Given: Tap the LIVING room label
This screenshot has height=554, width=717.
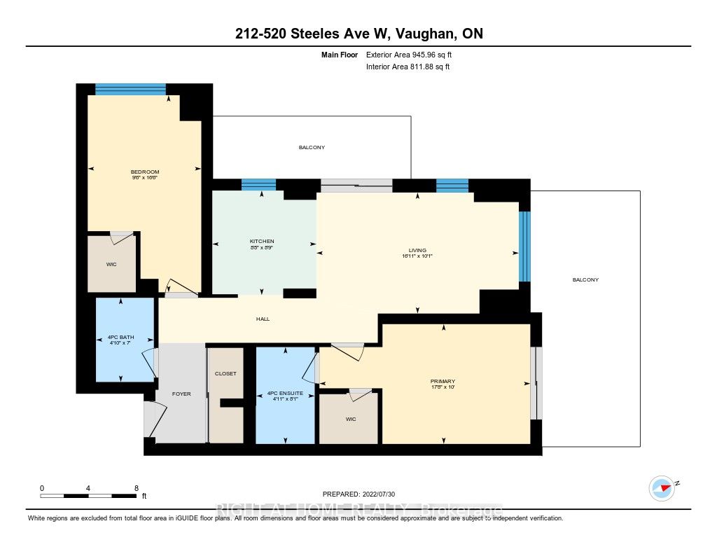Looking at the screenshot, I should (x=417, y=250).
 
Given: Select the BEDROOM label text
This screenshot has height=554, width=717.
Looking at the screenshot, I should (x=145, y=172).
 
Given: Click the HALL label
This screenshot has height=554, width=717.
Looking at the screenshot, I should (x=262, y=319).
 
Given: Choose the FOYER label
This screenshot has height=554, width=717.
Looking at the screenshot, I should (x=181, y=394).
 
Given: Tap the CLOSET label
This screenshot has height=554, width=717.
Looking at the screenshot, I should (x=225, y=374).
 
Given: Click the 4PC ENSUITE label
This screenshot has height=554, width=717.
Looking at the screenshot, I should (x=285, y=394).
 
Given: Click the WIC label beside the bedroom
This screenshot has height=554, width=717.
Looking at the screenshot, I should (x=111, y=265).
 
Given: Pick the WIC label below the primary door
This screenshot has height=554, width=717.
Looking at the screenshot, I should (x=351, y=420).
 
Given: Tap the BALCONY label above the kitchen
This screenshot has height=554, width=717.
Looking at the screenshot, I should (x=312, y=148).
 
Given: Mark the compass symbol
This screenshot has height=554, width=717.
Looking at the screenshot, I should (x=662, y=488).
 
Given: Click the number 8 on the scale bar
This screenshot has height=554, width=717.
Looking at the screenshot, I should (x=137, y=487).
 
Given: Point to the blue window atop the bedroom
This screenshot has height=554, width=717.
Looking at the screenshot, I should (x=130, y=89).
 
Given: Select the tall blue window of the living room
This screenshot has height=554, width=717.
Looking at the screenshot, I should (x=524, y=247).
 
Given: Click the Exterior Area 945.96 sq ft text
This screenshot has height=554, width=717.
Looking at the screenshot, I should (x=415, y=54).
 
